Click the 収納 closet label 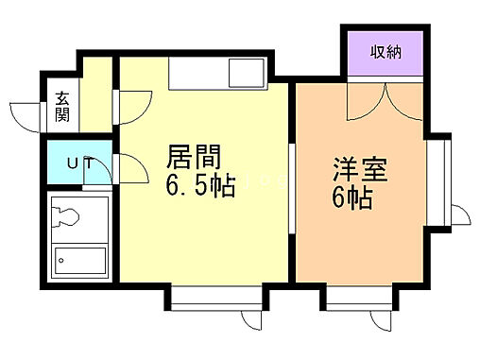click(x=386, y=51)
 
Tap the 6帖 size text click(x=351, y=198)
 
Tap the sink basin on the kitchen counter click(x=249, y=73)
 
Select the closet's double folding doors click(x=386, y=100)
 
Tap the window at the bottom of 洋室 click(x=358, y=302)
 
